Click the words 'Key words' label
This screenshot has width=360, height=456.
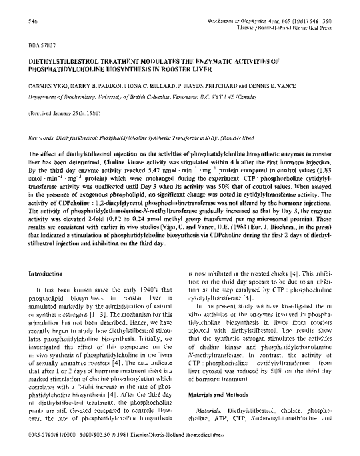coord(41,138)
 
